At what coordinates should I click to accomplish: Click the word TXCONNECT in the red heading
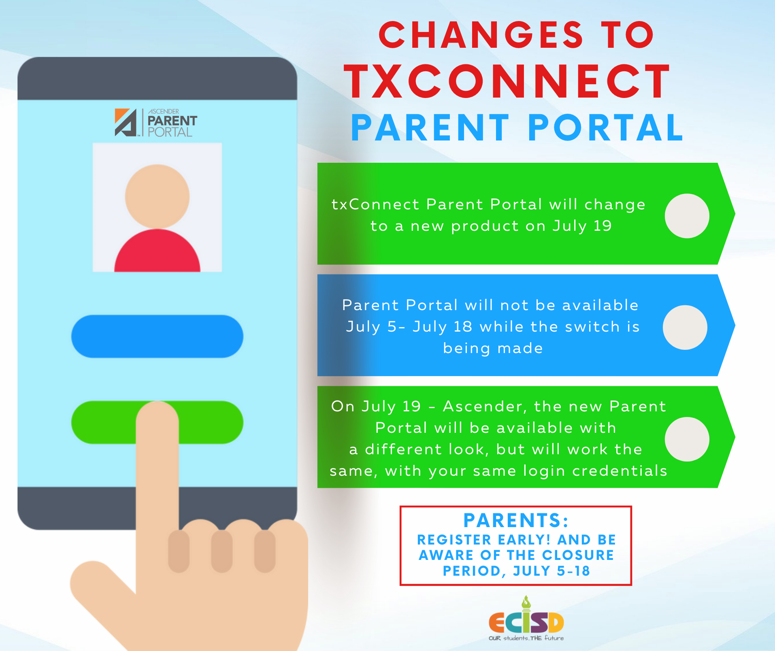tap(508, 82)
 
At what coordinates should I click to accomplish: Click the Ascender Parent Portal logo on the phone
tap(156, 123)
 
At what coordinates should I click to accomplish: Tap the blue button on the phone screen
tap(157, 336)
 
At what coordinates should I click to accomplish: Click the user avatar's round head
tap(157, 196)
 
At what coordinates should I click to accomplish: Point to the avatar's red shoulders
tap(157, 251)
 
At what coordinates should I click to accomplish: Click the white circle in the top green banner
tap(687, 216)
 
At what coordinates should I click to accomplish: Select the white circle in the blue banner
tap(685, 327)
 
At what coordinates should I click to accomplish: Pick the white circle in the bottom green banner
tap(687, 439)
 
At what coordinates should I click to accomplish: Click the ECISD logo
tap(526, 619)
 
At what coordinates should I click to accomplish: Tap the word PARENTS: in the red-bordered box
tap(516, 521)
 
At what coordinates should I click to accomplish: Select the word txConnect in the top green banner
tap(375, 204)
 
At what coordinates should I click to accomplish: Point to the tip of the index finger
tap(157, 402)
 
